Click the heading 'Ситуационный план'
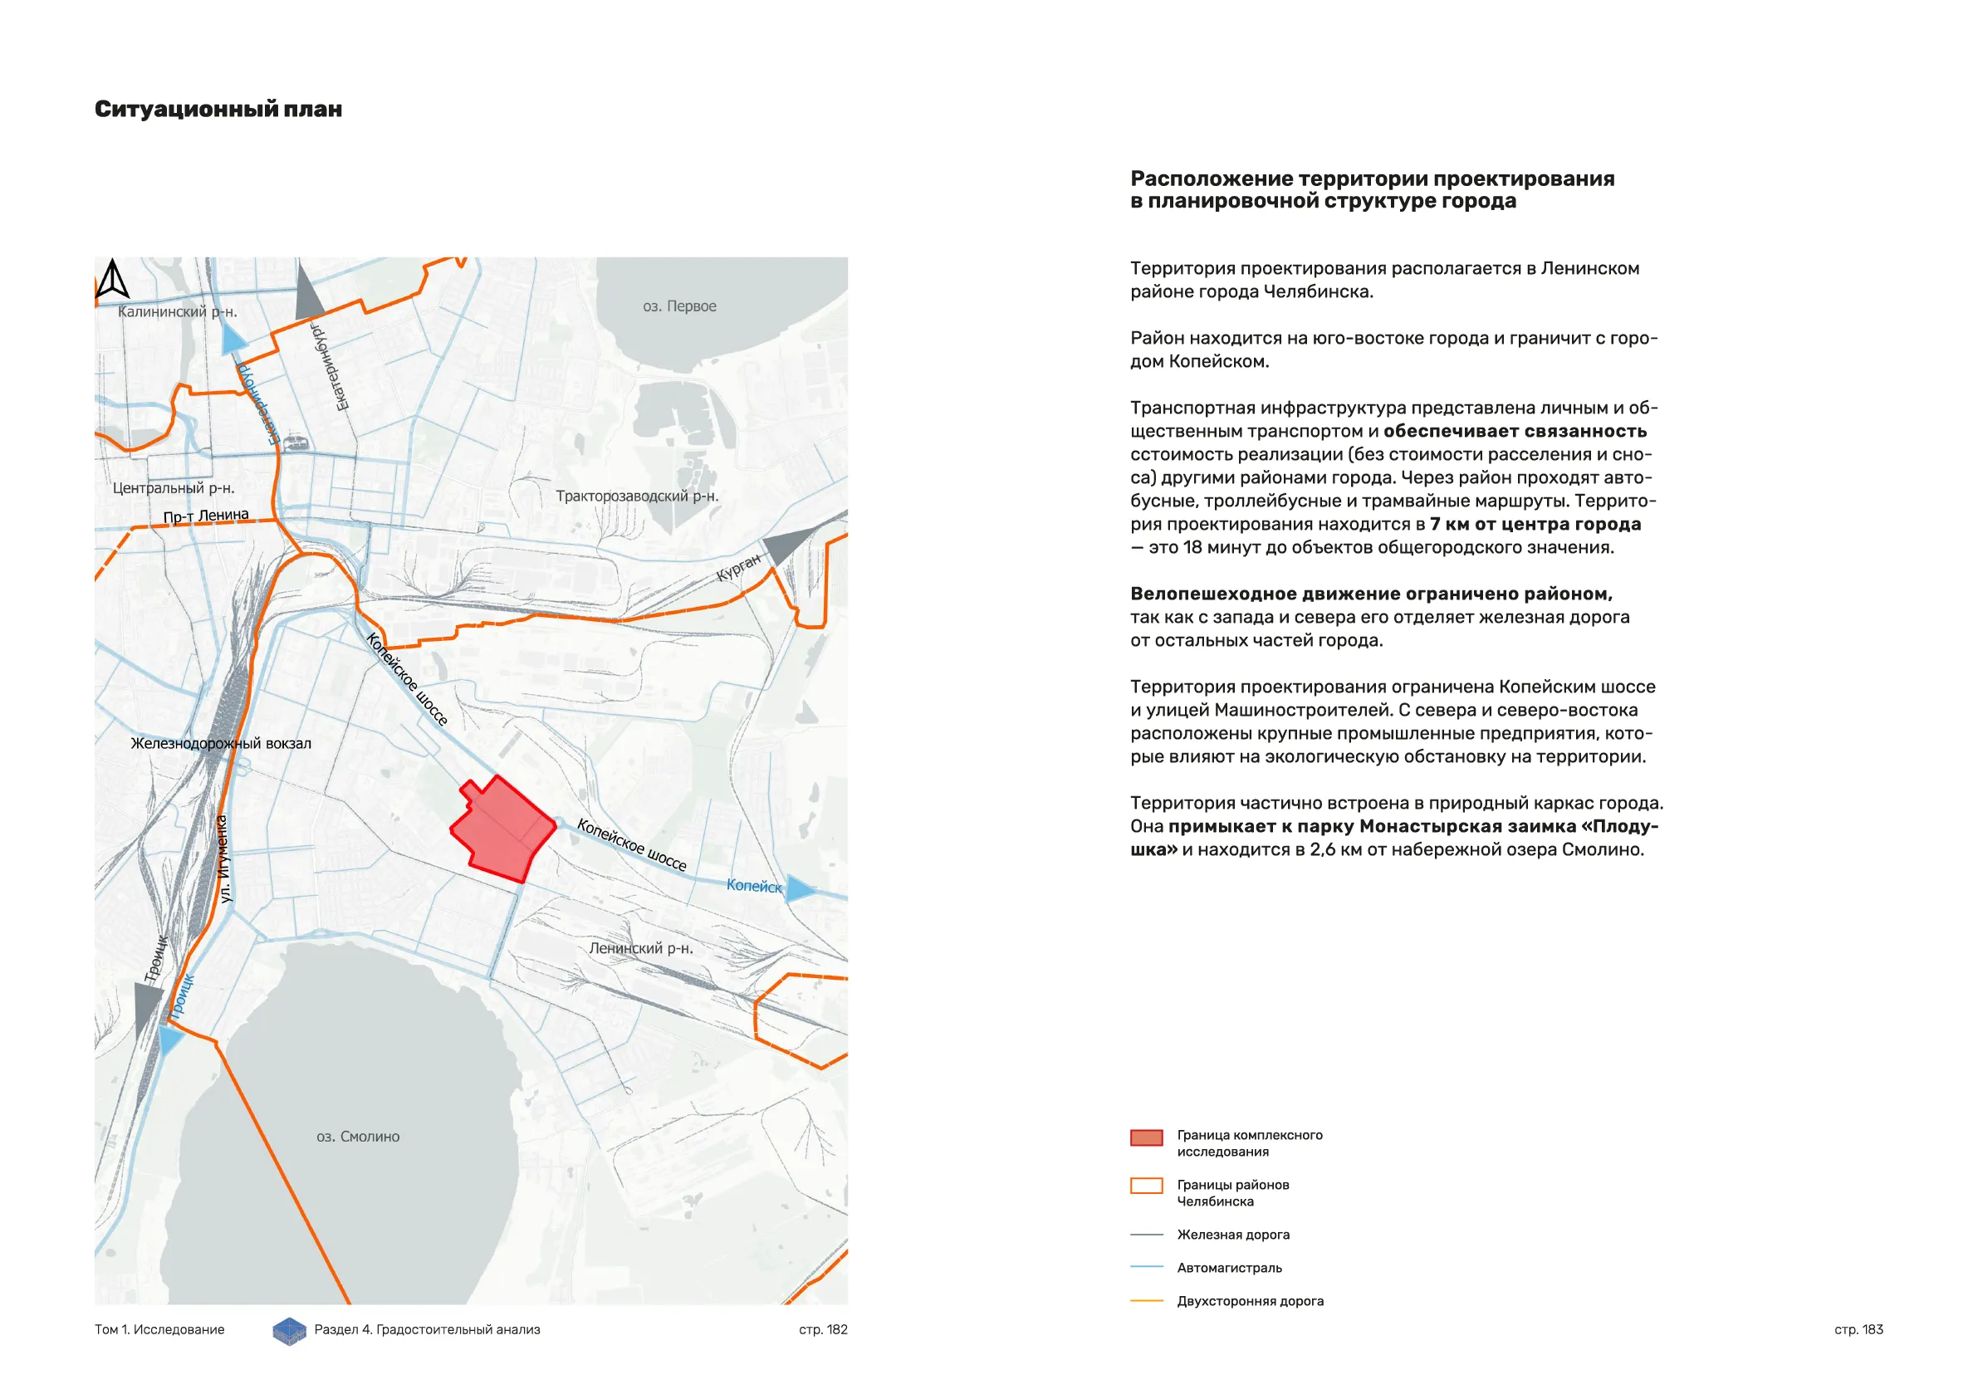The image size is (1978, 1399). coord(218,110)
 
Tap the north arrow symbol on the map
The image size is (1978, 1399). coord(112,279)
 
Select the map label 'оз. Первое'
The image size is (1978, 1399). coord(679,306)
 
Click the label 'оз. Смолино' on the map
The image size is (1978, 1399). coord(358,1137)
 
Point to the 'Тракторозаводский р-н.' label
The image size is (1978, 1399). coord(637,496)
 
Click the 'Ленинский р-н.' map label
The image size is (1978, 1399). coord(640,947)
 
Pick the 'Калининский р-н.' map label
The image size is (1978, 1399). coord(177,311)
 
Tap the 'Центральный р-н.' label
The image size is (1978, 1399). coord(174,487)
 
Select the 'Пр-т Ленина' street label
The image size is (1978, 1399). coord(206,515)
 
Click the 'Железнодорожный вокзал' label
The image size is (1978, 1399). coord(221,742)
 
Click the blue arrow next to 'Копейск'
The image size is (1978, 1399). coord(800,889)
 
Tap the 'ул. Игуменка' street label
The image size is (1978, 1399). coord(223,858)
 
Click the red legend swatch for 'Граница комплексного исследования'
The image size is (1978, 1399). coord(1146,1138)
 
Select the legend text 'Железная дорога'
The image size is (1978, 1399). coord(1233,1235)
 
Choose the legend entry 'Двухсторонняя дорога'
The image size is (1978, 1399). coord(1250,1301)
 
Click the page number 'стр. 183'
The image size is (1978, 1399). coord(1858,1329)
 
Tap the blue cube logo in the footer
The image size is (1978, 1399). coord(290,1331)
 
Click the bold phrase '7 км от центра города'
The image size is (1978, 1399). coord(1535,524)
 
